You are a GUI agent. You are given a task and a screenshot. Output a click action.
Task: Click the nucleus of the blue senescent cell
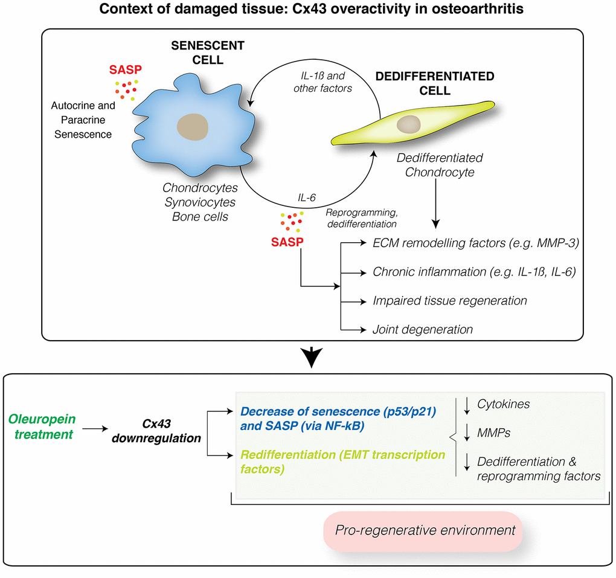pyautogui.click(x=193, y=127)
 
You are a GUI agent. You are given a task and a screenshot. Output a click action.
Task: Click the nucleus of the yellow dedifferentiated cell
pyautogui.click(x=409, y=124)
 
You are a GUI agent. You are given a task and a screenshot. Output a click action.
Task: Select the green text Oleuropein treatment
pyautogui.click(x=41, y=426)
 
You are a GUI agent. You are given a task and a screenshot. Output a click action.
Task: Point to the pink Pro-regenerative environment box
pyautogui.click(x=422, y=531)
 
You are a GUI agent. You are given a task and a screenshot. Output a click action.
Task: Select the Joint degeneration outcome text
pyautogui.click(x=422, y=329)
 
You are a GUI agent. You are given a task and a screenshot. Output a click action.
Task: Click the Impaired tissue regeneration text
pyautogui.click(x=449, y=300)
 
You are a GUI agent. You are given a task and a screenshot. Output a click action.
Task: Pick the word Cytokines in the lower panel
pyautogui.click(x=503, y=404)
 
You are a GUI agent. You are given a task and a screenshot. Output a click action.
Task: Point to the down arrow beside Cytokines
pyautogui.click(x=466, y=405)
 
